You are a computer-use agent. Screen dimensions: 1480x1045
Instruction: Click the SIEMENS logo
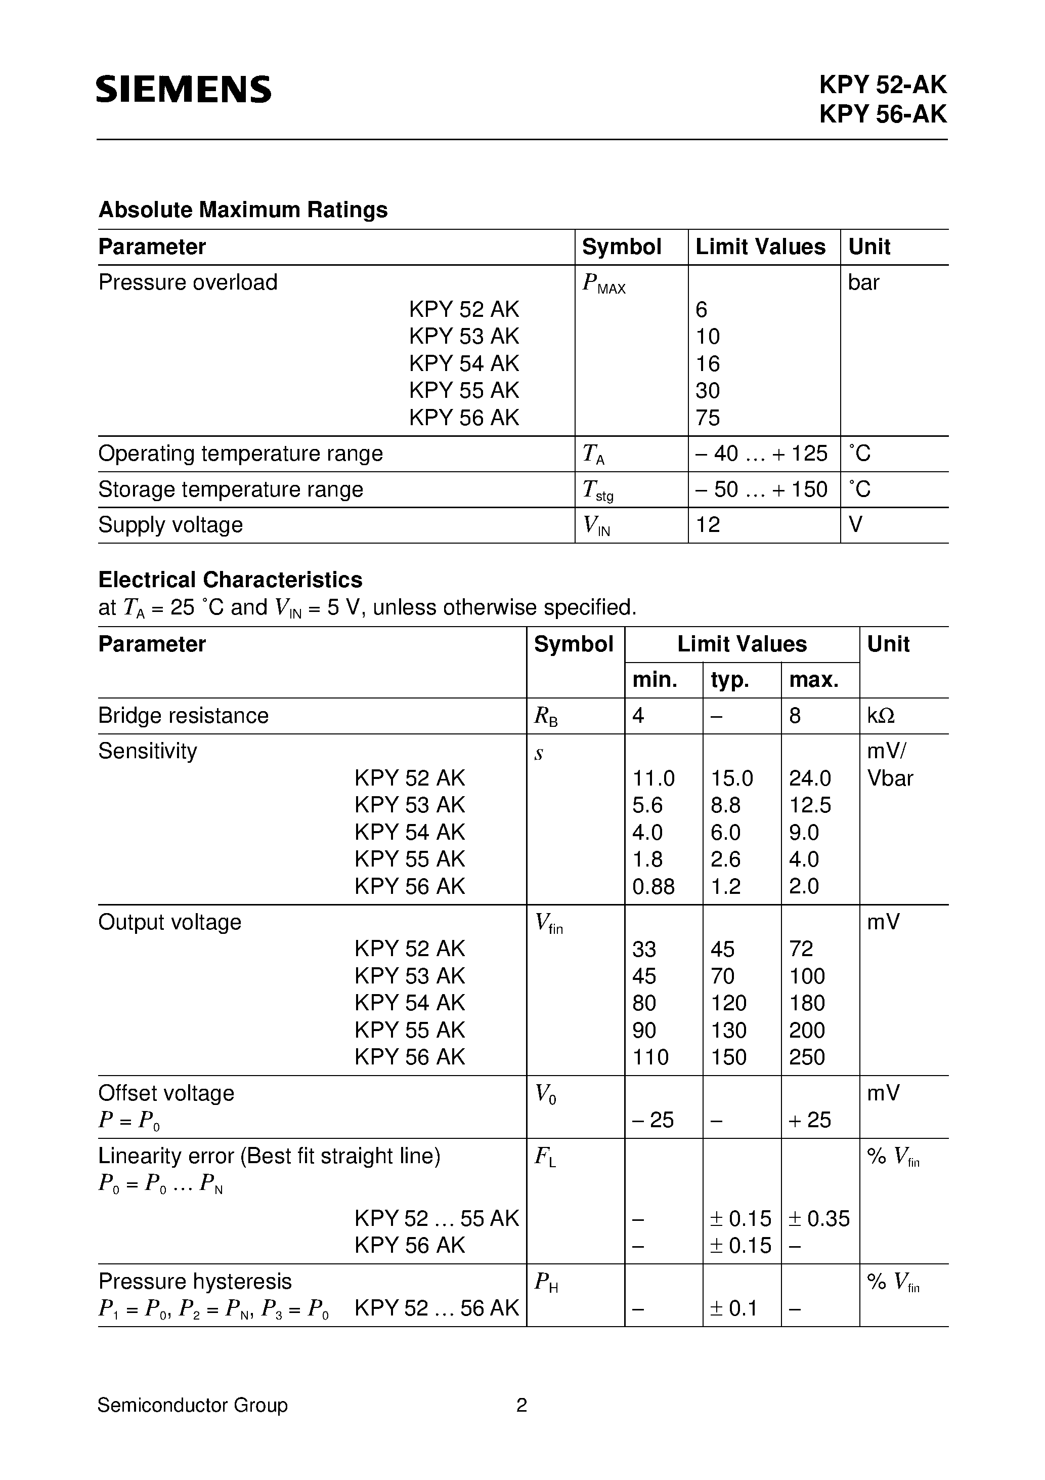[184, 89]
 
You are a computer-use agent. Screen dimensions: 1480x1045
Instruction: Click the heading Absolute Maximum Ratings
[243, 210]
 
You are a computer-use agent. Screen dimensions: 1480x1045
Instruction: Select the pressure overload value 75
[708, 418]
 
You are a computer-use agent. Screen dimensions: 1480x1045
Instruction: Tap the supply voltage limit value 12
[708, 525]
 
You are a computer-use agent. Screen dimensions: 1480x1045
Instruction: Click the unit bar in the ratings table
[863, 282]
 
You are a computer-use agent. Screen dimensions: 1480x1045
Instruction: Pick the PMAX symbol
[603, 283]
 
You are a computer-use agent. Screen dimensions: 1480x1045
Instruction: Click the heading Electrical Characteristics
[230, 580]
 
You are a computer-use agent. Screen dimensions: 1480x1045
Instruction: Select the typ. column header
[729, 680]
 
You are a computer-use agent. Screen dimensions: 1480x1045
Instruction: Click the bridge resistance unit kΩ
[881, 716]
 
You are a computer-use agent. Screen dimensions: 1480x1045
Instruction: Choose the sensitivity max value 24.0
[810, 778]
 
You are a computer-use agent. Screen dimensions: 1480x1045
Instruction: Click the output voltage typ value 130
[729, 1030]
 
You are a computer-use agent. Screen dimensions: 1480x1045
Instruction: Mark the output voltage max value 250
[807, 1057]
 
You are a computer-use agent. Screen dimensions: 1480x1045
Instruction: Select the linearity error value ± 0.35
[819, 1218]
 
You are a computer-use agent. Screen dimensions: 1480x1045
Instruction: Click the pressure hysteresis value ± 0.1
[733, 1308]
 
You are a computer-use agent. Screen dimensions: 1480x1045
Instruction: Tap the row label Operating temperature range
[240, 454]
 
